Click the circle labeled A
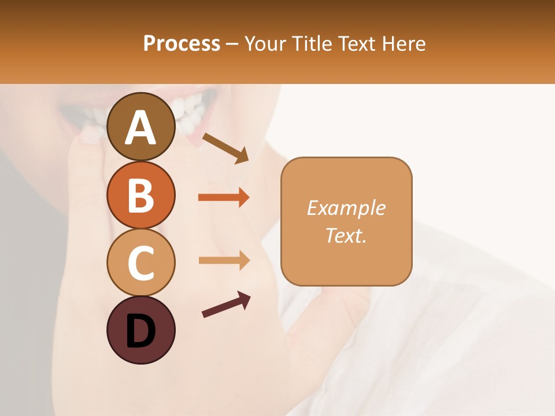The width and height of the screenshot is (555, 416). (140, 127)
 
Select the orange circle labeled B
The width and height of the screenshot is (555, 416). (140, 195)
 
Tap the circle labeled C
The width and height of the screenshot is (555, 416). (140, 262)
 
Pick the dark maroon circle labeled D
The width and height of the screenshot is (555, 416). (140, 330)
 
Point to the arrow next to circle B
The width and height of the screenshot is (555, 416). (224, 198)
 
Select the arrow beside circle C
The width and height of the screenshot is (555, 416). (224, 261)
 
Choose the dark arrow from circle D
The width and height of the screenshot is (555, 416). (226, 304)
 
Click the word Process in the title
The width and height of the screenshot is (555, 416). (182, 43)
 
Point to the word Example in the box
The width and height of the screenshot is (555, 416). (346, 208)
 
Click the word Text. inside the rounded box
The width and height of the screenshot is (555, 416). (346, 235)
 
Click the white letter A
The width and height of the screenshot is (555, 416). (140, 128)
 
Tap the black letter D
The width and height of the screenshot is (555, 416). (140, 331)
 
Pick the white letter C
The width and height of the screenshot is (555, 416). (140, 263)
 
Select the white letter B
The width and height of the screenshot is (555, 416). (140, 195)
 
